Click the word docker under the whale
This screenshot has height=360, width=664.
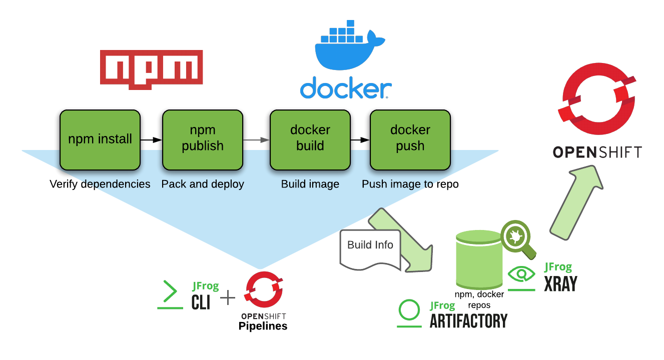346,88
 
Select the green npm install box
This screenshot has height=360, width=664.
100,139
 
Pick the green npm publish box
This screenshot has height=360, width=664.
203,139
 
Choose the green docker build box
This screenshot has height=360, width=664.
310,139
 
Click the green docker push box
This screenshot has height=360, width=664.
410,139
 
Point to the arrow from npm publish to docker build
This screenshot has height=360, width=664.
256,140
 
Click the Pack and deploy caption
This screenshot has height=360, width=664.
203,184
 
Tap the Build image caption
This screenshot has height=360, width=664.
310,184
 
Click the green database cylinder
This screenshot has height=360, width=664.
479,260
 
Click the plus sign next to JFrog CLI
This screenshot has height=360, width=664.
228,298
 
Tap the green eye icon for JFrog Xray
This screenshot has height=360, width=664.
521,274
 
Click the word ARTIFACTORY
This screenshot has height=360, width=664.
468,320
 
